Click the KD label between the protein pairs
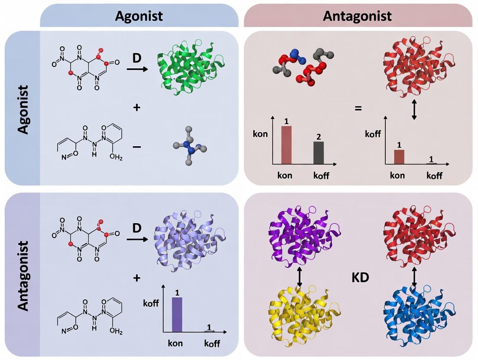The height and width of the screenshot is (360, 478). (x=360, y=277)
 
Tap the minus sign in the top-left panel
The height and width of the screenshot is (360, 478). (x=137, y=147)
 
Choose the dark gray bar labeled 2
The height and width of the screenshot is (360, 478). (x=318, y=153)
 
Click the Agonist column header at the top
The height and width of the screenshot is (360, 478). (x=139, y=16)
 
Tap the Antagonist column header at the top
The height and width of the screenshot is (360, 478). (x=358, y=16)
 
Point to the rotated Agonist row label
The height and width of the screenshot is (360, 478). (x=22, y=109)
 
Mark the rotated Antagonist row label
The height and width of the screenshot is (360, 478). (x=22, y=276)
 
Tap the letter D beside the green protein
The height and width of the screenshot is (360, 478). (x=137, y=58)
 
